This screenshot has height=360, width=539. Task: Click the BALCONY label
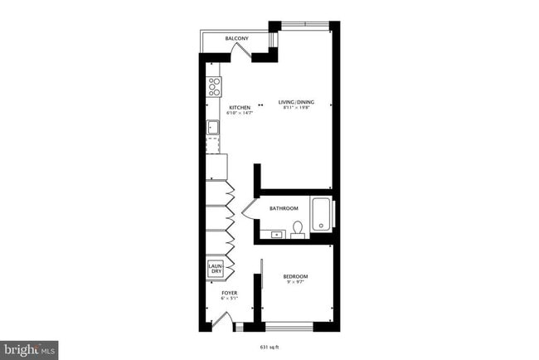pyautogui.click(x=238, y=39)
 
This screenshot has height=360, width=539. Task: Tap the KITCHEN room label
pyautogui.click(x=240, y=106)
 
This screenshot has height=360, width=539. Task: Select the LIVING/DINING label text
pyautogui.click(x=294, y=102)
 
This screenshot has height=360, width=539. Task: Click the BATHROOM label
pyautogui.click(x=283, y=209)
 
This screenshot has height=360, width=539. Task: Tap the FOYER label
pyautogui.click(x=229, y=293)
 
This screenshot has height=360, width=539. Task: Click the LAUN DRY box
pyautogui.click(x=215, y=268)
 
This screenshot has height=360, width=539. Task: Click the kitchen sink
pyautogui.click(x=212, y=128)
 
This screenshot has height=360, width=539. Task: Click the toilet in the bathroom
pyautogui.click(x=298, y=228)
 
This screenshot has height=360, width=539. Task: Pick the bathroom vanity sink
pyautogui.click(x=275, y=235)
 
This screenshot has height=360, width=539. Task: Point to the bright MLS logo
pyautogui.click(x=30, y=349)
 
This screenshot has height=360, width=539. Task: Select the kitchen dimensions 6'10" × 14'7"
pyautogui.click(x=240, y=112)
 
